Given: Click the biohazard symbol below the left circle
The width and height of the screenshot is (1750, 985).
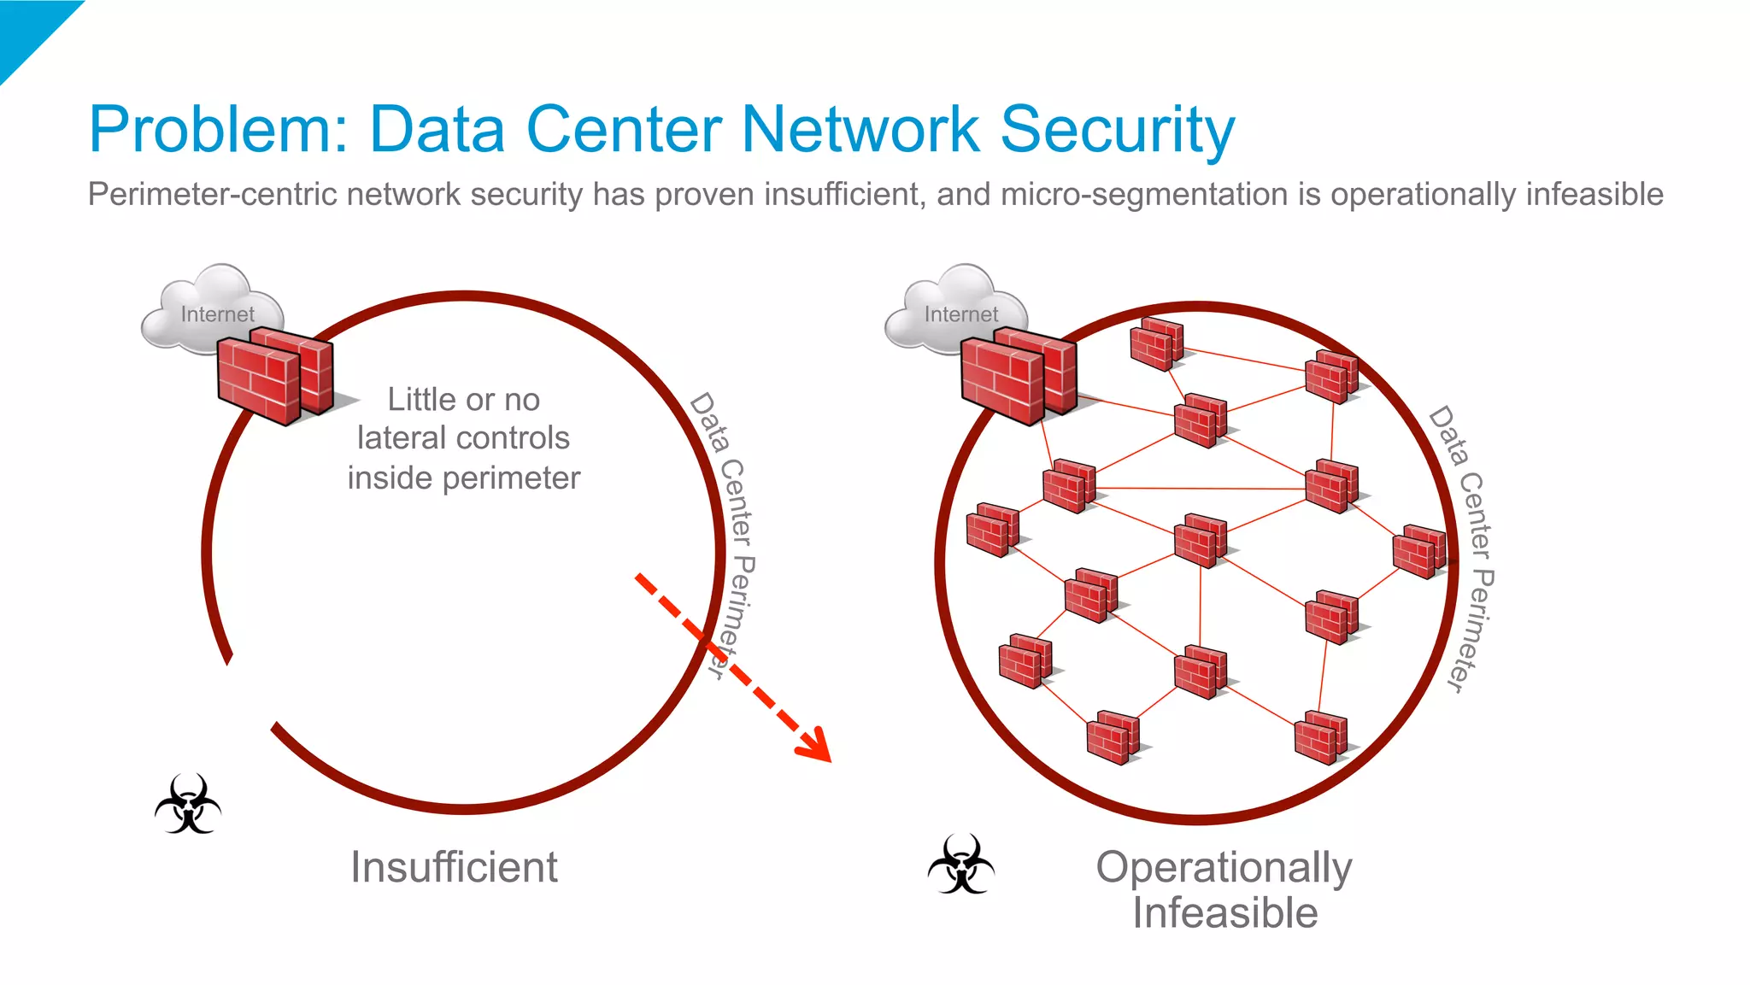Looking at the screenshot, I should coord(188,804).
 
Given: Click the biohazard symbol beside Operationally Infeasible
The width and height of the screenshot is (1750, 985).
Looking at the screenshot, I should coord(961,865).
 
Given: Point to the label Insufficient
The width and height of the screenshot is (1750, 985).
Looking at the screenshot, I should coord(454,867).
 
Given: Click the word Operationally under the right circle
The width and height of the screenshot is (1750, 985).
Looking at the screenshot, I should coord(1224,867).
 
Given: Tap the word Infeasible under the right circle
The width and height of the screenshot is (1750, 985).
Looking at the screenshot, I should coord(1224,912).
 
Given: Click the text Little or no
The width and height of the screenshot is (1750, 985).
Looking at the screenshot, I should coord(463,399).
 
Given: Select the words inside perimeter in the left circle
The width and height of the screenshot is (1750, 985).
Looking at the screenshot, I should coord(463,478).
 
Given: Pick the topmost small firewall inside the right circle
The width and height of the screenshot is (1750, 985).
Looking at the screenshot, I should coord(1156,343).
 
